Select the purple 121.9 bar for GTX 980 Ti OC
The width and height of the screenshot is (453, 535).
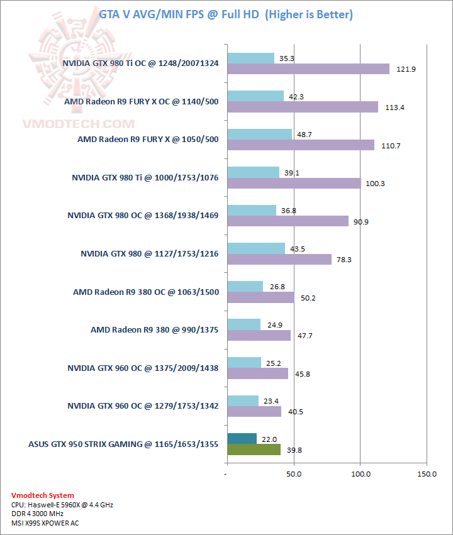pyautogui.click(x=308, y=69)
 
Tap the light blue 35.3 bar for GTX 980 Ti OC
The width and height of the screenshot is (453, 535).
pyautogui.click(x=250, y=58)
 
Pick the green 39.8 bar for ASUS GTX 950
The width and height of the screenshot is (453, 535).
pyautogui.click(x=254, y=450)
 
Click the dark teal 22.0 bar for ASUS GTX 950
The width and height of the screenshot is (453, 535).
pyautogui.click(x=242, y=438)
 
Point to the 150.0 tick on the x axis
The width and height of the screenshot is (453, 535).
pyautogui.click(x=426, y=473)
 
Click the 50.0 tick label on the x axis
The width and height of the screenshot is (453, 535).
pyautogui.click(x=294, y=473)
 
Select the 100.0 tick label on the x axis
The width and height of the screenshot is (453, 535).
pyautogui.click(x=360, y=473)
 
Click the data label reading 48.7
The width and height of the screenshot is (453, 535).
pyautogui.click(x=305, y=135)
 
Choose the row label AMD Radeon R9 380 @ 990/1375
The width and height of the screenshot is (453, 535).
pyautogui.click(x=154, y=329)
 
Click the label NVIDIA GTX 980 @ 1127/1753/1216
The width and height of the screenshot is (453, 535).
pyautogui.click(x=149, y=253)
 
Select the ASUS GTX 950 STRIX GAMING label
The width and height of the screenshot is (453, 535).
pyautogui.click(x=123, y=444)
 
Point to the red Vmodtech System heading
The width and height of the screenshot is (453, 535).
pyautogui.click(x=43, y=495)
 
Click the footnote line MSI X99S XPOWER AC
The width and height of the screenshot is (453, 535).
pyautogui.click(x=45, y=522)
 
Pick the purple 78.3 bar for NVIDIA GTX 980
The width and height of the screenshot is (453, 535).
pyautogui.click(x=279, y=259)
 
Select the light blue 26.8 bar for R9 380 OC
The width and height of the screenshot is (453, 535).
pyautogui.click(x=245, y=287)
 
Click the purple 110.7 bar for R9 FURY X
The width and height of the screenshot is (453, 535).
pyautogui.click(x=301, y=145)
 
